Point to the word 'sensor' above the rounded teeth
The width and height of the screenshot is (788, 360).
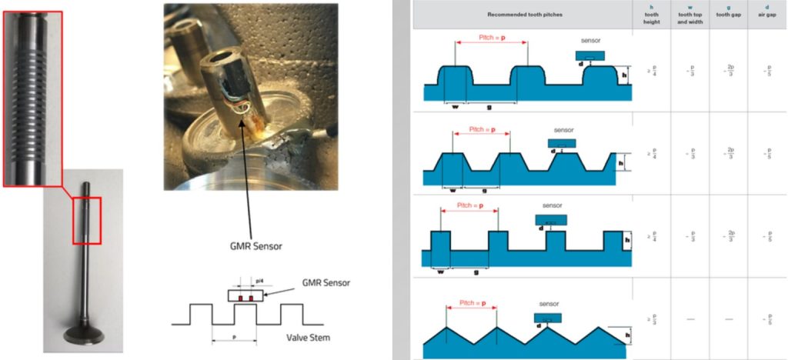coord(592,39)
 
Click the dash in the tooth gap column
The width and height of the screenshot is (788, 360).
coord(728,318)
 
